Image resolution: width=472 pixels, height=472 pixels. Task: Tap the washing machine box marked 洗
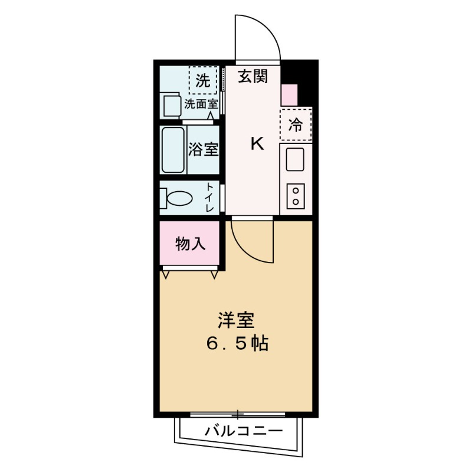point(202,81)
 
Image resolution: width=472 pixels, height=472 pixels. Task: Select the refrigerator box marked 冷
point(295,124)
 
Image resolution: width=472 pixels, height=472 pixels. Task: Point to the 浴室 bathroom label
point(204,149)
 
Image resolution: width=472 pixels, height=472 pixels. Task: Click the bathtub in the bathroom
point(173,150)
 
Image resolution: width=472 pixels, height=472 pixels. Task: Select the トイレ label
point(209,198)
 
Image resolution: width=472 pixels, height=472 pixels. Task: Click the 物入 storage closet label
point(191,243)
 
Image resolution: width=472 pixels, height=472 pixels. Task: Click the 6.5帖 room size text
point(237,343)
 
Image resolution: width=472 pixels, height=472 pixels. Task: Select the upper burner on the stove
point(295,190)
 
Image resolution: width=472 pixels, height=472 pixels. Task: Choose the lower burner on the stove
point(295,201)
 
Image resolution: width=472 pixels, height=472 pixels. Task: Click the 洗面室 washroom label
point(201,104)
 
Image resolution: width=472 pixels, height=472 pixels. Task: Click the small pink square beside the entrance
point(290,94)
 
